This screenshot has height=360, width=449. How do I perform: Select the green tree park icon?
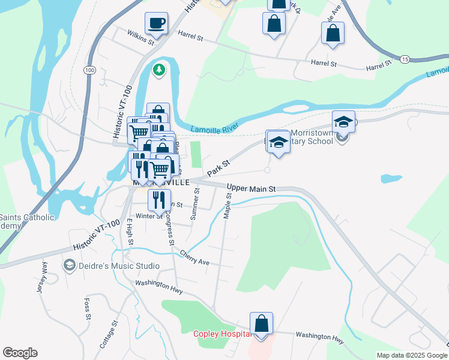coord(159,70)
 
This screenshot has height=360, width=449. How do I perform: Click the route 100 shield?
coord(90,70)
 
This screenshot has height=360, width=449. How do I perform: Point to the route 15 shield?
coord(405,59)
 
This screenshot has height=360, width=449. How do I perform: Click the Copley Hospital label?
coord(220,334)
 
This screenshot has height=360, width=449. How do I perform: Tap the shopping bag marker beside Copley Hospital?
coord(261,324)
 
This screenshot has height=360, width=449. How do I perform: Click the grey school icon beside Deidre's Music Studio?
coord(70,265)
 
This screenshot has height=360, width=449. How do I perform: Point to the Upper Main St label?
coord(251,189)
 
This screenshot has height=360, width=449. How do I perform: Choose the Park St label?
coord(218,167)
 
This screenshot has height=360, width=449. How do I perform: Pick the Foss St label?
coord(88,308)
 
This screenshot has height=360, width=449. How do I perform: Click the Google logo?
coord(20,353)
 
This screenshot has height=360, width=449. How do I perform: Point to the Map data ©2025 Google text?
coord(411,355)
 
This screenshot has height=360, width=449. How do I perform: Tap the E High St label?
coord(129,232)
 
